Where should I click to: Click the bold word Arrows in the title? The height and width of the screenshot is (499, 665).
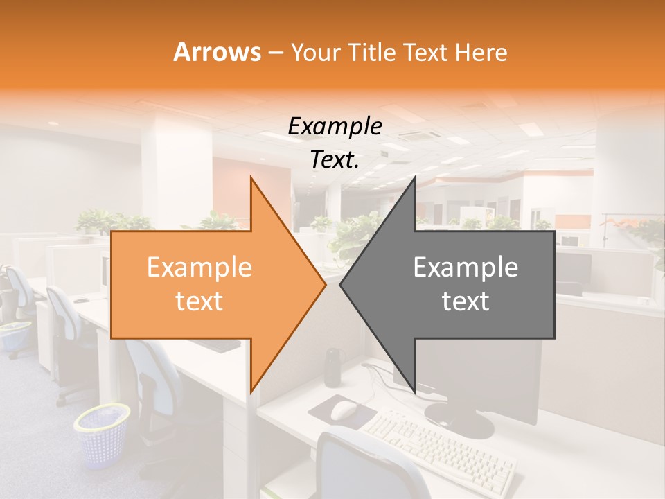(217, 52)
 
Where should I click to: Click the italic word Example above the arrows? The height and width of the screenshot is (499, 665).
(335, 126)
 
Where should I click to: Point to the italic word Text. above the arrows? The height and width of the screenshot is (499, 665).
(335, 160)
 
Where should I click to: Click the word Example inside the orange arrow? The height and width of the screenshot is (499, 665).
(199, 268)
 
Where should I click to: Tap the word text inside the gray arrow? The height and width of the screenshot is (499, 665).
(465, 301)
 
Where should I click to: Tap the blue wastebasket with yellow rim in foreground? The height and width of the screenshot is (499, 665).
(103, 435)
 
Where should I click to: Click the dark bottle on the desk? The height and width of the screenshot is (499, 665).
(333, 367)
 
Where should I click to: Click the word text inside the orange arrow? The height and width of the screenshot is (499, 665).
(199, 301)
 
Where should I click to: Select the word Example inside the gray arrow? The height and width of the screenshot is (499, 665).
(465, 268)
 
